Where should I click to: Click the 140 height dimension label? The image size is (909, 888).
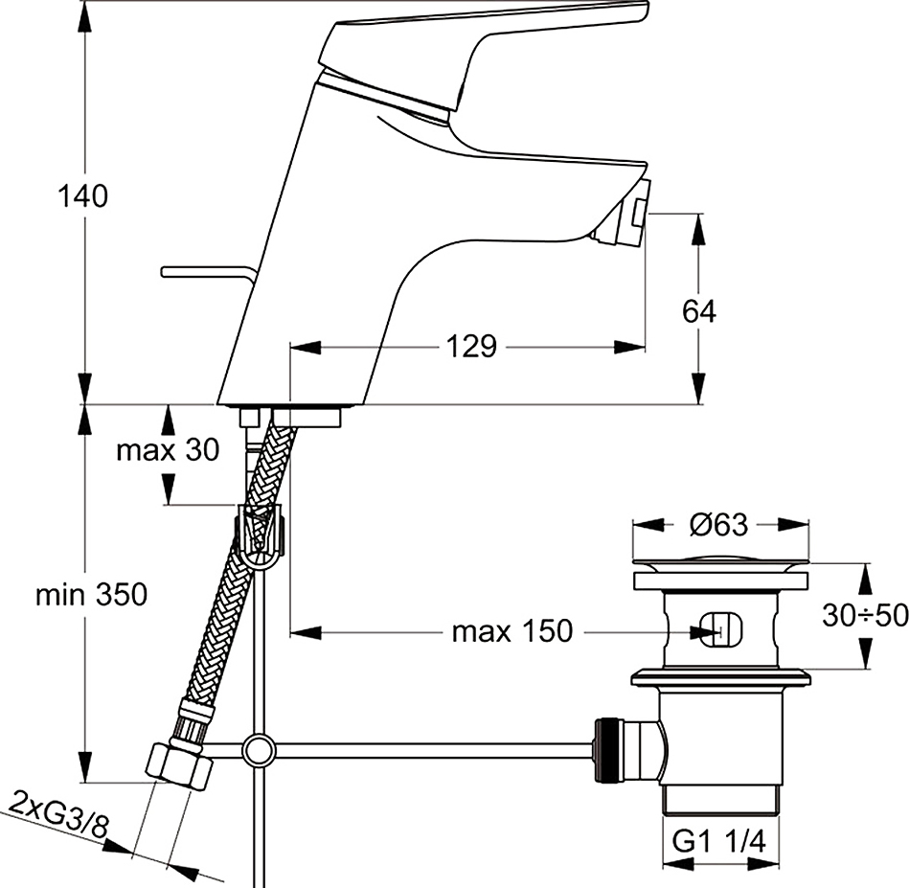(83, 196)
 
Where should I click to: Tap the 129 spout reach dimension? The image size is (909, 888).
(471, 347)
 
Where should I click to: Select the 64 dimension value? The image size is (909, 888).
(698, 311)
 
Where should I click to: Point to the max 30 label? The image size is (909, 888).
(169, 450)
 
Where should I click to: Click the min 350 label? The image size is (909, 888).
(92, 595)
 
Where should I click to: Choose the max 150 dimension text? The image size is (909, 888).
(511, 631)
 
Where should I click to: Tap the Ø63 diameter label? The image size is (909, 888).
(718, 525)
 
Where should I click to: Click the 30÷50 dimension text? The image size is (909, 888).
(865, 616)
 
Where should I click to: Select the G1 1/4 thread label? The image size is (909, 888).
(718, 842)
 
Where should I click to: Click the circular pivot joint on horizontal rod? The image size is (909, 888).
(259, 751)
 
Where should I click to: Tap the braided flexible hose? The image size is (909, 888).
(238, 562)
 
